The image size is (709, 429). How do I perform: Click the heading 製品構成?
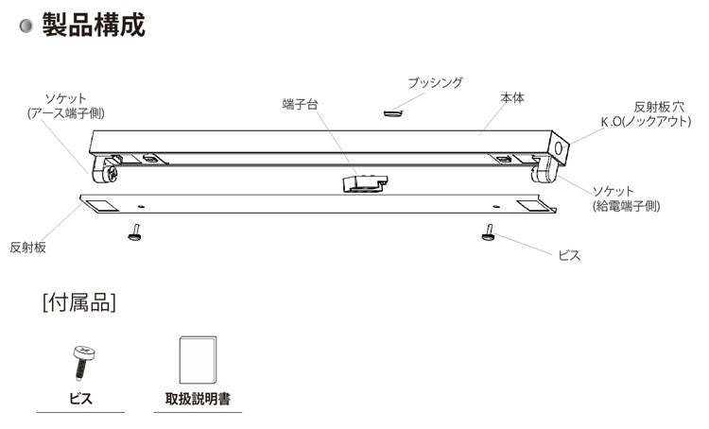[93, 25]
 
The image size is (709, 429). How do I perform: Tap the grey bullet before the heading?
[26, 26]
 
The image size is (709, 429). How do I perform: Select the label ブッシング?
[435, 83]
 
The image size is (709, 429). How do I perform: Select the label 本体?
[512, 98]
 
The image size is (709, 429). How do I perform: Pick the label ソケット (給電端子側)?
[626, 197]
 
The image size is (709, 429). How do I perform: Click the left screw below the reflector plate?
[135, 232]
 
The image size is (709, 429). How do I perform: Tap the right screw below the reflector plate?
[489, 233]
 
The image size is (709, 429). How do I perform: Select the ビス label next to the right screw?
[569, 255]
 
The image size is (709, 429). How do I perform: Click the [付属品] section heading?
[79, 303]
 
